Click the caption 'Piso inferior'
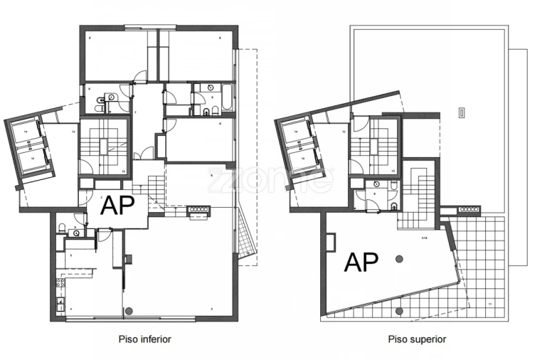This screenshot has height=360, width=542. (144, 339)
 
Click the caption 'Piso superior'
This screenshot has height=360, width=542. (418, 339)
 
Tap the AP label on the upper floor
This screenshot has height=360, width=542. (361, 263)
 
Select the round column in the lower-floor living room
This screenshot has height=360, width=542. (129, 311)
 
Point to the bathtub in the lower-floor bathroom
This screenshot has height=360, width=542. (227, 97)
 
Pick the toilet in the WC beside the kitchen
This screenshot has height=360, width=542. (63, 228)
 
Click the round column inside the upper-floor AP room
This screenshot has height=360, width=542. (400, 258)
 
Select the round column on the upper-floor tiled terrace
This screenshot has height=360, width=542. (400, 311)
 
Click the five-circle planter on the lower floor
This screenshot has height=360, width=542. (199, 209)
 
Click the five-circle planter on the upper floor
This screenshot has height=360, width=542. (470, 209)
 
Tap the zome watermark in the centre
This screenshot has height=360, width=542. (270, 180)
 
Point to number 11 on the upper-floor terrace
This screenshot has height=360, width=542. (489, 304)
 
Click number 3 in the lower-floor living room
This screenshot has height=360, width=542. (211, 309)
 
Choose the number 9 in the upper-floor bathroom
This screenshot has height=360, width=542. (375, 192)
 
